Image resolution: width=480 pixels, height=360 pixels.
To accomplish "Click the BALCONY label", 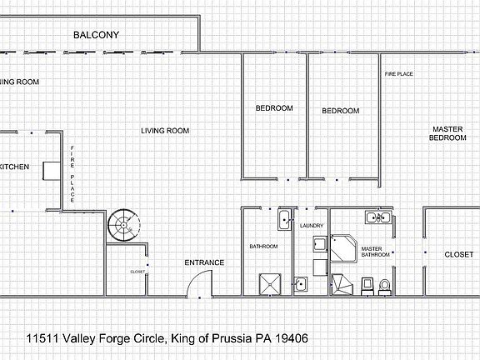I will (96, 35).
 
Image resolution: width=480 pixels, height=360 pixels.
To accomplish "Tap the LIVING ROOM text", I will (164, 131).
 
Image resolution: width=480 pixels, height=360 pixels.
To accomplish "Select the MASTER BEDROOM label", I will (447, 133).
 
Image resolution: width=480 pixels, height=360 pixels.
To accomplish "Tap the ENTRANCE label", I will (204, 263).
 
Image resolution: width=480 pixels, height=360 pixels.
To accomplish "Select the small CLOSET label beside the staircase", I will (137, 272).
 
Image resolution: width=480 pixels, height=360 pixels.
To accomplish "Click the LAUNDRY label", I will (311, 225).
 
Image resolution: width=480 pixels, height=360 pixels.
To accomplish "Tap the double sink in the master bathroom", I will (378, 219).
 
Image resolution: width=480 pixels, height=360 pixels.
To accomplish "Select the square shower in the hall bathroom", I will (269, 283).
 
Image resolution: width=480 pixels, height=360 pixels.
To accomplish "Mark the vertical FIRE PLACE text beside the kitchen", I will (72, 175).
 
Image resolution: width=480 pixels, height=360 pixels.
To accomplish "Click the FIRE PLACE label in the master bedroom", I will (398, 74).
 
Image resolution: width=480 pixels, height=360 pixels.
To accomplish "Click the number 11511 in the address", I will (45, 338).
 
